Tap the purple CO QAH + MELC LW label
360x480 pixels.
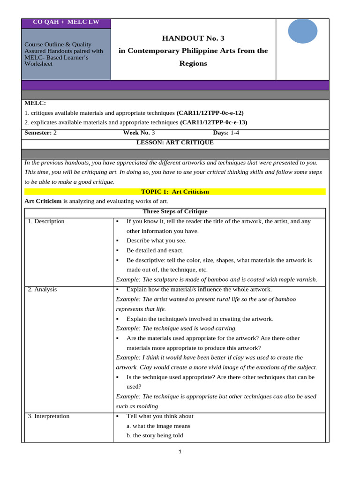[x=66, y=22]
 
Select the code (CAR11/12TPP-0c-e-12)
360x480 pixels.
[x=210, y=113]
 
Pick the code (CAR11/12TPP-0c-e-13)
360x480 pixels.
[x=213, y=122]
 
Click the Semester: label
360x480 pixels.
[x=38, y=133]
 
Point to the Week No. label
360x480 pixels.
[x=136, y=133]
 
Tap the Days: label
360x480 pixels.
[x=221, y=133]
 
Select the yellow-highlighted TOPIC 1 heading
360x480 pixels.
[x=175, y=192]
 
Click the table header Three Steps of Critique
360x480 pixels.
[x=175, y=211]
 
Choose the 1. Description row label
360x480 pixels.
[x=46, y=221]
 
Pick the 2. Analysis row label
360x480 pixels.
[x=42, y=289]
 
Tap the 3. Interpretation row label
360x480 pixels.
[x=48, y=416]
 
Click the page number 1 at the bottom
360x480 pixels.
[x=180, y=452]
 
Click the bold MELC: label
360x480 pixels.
[x=35, y=103]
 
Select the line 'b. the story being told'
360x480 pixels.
[x=155, y=435]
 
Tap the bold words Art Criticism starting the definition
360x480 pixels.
[x=43, y=201]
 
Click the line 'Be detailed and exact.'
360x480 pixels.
[x=155, y=250]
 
